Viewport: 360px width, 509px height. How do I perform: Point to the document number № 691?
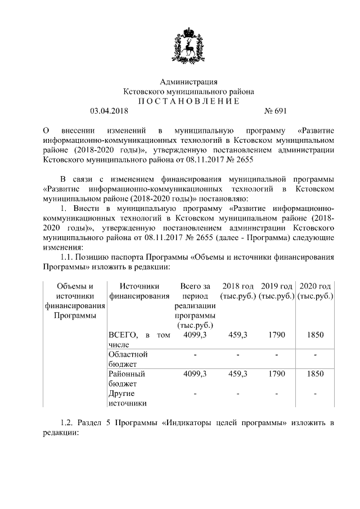[x=276, y=111]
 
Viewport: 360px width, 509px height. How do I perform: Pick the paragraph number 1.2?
[x=68, y=422]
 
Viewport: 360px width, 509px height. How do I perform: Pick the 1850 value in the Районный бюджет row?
[x=316, y=373]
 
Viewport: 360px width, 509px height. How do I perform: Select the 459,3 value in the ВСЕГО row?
[x=238, y=335]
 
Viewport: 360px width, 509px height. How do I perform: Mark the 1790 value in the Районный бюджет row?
[x=276, y=373]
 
